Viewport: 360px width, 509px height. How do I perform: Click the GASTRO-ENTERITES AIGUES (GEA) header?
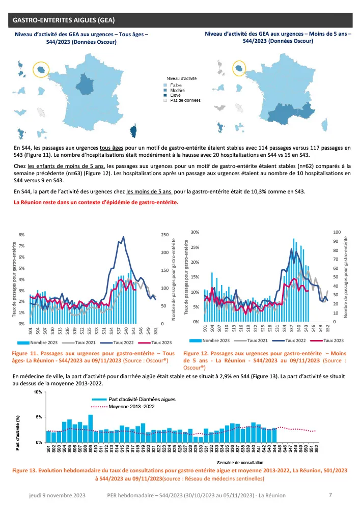[x=64, y=20]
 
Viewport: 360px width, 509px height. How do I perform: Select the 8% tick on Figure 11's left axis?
[x=21, y=235]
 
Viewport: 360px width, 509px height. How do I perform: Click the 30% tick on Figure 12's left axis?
[x=195, y=232]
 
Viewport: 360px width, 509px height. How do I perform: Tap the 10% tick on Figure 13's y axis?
[x=38, y=392]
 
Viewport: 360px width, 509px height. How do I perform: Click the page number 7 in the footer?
[x=330, y=494]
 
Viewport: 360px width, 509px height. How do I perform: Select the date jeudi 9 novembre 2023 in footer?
[x=58, y=495]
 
